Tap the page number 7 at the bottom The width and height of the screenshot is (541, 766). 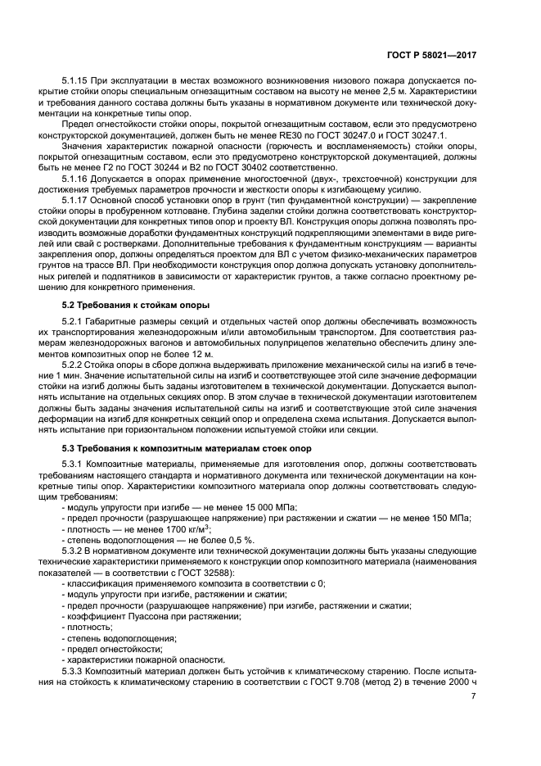(473, 696)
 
